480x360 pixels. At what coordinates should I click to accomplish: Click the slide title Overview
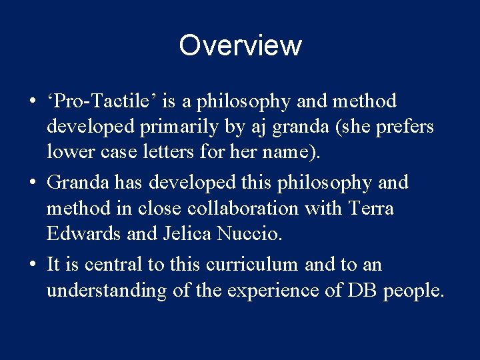(240, 45)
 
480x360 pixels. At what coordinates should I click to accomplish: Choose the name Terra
(371, 209)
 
